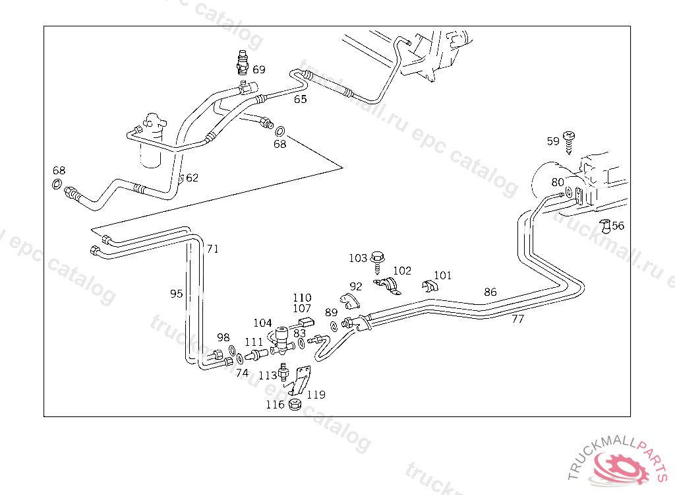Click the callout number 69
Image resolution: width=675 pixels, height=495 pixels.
click(258, 69)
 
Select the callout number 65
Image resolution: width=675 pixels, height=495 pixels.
click(300, 100)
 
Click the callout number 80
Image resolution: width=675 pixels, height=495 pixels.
click(558, 182)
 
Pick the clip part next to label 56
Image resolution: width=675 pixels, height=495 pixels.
click(605, 226)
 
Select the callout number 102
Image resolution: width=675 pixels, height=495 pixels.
click(401, 271)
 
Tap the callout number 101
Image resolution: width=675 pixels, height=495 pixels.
click(442, 275)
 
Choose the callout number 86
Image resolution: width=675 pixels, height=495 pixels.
click(490, 292)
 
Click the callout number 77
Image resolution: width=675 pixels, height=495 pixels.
click(517, 319)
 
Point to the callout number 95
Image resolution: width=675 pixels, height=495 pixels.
click(176, 294)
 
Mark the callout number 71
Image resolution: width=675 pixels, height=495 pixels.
click(212, 249)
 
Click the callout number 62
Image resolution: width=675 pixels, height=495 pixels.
click(192, 178)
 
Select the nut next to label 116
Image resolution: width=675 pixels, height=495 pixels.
click(295, 404)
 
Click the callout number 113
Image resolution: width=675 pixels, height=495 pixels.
click(267, 376)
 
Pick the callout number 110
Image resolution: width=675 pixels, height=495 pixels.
click(302, 298)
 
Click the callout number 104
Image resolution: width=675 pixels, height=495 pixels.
click(262, 323)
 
